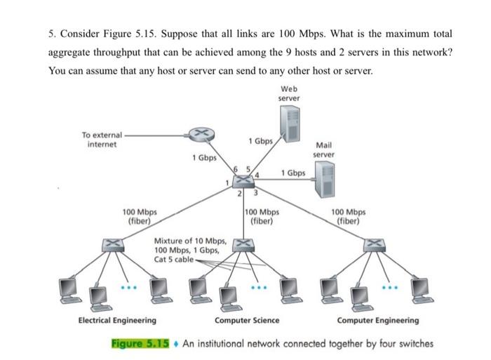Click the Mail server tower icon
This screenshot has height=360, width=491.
(x=324, y=180)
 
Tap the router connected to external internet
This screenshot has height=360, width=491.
(x=200, y=134)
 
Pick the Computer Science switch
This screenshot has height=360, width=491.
(x=242, y=244)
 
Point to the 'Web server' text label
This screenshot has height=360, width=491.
(x=288, y=93)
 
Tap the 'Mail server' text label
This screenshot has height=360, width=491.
(x=323, y=149)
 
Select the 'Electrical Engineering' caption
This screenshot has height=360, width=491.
(x=116, y=320)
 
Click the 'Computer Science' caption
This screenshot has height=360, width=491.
(x=246, y=320)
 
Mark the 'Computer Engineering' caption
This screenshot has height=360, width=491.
(x=378, y=320)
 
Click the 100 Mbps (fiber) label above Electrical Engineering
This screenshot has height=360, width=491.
(x=140, y=215)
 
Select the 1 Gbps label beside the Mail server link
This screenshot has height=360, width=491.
(x=292, y=173)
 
